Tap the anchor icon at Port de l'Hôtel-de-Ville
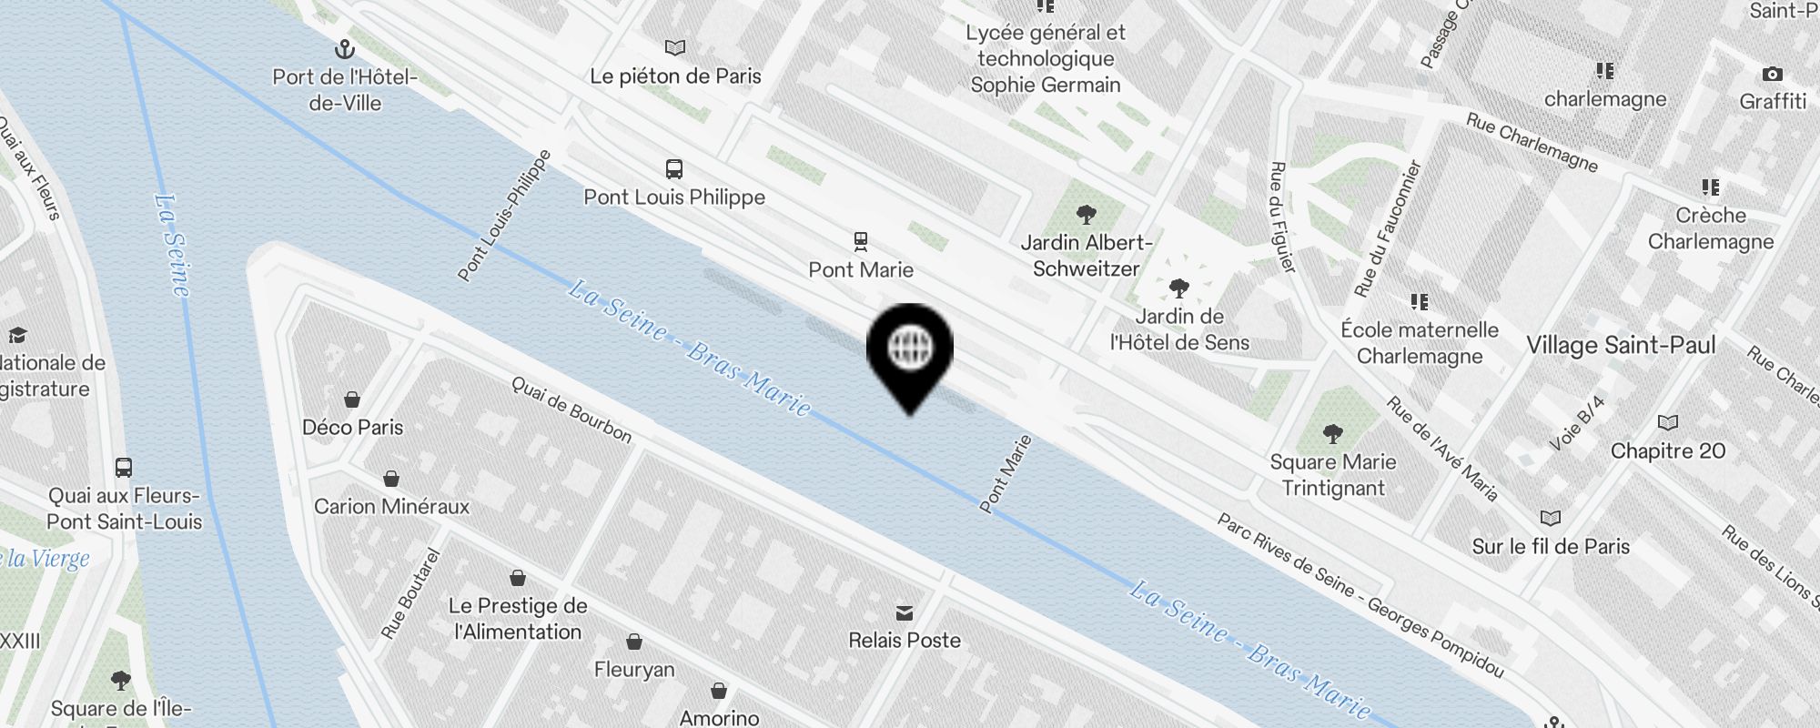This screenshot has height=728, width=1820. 345,49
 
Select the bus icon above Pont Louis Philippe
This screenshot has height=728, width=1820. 673,169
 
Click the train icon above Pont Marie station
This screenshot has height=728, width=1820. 860,241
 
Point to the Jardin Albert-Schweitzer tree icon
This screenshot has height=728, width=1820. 1086,215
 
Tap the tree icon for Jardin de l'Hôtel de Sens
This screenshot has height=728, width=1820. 1178,289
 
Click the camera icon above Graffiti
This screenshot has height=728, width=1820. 1772,74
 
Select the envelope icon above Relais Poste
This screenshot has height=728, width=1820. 905,612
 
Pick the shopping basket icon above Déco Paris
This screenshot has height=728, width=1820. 352,399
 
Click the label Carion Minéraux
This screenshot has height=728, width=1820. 391,506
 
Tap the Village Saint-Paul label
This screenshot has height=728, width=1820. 1621,345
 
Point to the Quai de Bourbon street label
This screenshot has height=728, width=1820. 571,409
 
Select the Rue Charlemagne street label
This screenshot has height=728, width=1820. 1532,142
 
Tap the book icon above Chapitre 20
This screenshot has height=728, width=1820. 1667,423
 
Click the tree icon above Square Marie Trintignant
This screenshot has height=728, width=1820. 1332,434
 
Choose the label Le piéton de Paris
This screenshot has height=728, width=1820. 675,76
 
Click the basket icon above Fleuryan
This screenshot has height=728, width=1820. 634,642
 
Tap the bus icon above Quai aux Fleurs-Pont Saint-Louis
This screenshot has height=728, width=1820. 124,468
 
